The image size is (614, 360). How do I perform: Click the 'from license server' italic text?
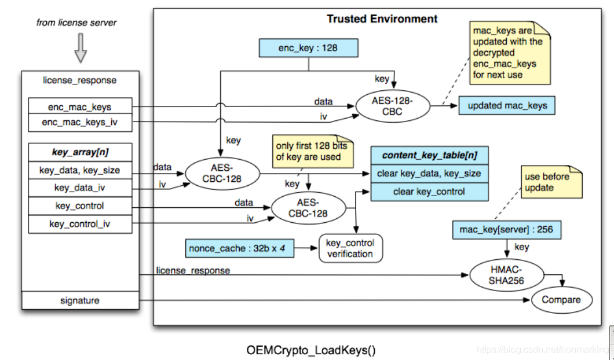click(x=76, y=23)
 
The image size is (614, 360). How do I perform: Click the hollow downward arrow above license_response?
click(x=81, y=47)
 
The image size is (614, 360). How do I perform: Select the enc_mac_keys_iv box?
click(x=80, y=123)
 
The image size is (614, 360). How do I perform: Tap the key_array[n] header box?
click(x=80, y=153)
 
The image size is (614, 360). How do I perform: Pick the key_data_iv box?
click(x=80, y=188)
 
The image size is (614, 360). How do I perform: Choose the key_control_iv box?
click(x=80, y=223)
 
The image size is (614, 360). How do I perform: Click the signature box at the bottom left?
click(x=80, y=300)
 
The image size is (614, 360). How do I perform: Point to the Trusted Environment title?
click(x=382, y=19)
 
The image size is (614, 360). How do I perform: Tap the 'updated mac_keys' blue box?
click(x=507, y=106)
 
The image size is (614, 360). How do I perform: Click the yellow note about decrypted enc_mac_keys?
click(x=509, y=53)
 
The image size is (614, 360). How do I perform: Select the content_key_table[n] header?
click(x=429, y=155)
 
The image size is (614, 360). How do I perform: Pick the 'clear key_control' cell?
click(x=429, y=191)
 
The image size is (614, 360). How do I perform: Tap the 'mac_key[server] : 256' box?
click(x=506, y=230)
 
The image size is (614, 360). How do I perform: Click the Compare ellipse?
click(x=561, y=300)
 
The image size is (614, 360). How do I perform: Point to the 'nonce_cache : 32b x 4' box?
click(x=240, y=249)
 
